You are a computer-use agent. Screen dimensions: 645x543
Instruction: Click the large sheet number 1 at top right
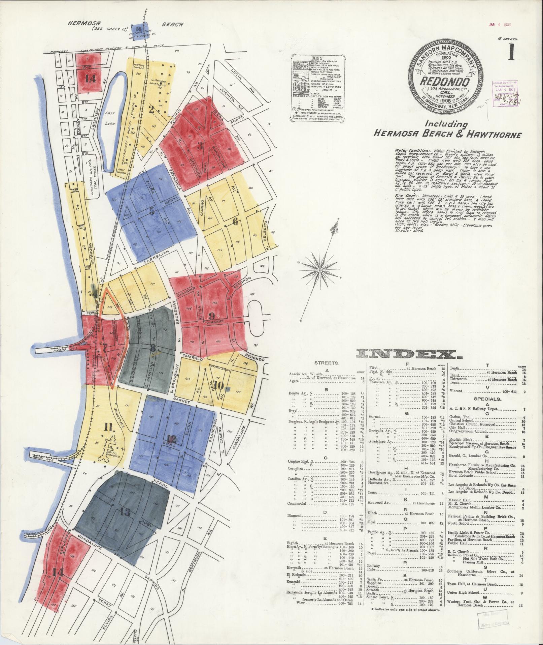[511, 53]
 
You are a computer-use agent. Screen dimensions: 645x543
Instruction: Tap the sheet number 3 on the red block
[200, 146]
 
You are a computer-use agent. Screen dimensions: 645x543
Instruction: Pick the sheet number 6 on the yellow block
[235, 221]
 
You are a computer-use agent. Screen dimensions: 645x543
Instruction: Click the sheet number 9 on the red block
[211, 316]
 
